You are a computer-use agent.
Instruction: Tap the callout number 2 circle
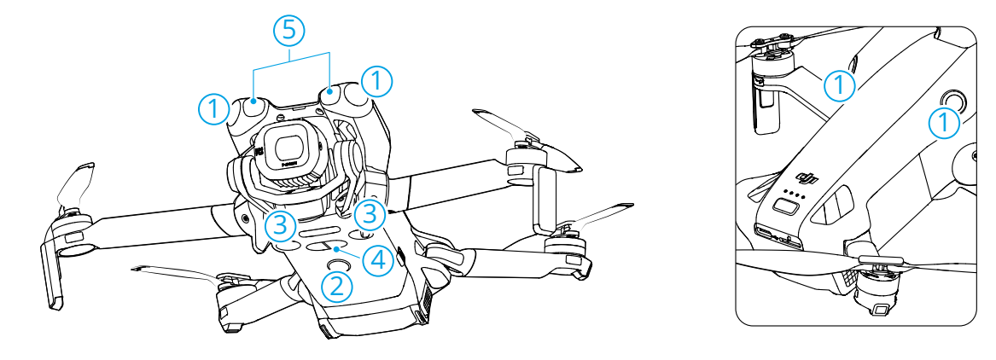pyautogui.click(x=337, y=287)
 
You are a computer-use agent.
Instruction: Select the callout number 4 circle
pyautogui.click(x=377, y=260)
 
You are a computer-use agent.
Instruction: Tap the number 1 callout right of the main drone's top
pyautogui.click(x=376, y=82)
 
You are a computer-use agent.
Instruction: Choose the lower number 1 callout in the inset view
pyautogui.click(x=945, y=122)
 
